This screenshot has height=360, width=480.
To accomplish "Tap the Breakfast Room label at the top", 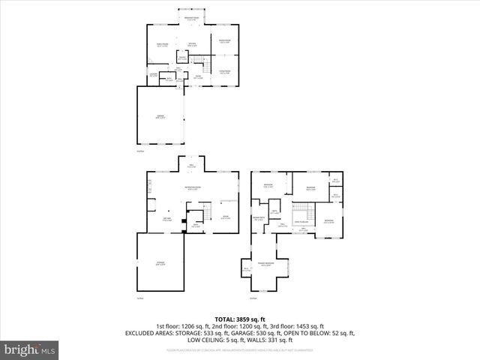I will pos(191,19).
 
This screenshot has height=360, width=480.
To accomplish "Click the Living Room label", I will pos(225,71).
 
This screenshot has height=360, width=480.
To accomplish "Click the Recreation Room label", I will pos(192,187).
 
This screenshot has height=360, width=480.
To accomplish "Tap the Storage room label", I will pos(160,264).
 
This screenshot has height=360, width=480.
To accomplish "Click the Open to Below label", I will pos(301,222).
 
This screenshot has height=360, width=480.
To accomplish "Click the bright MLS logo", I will pos(30,349).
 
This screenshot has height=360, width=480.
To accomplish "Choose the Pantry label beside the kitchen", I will pos(182,58).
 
